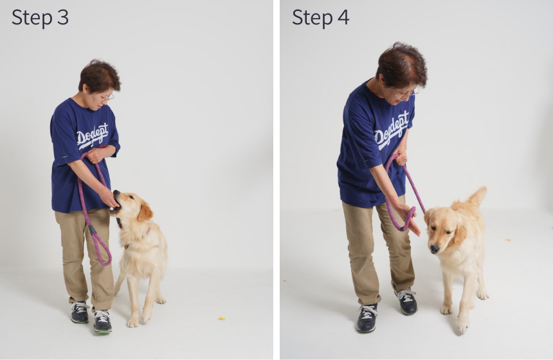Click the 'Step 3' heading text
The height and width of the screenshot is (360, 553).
click(40, 18)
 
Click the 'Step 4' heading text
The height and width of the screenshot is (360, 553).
click(321, 18)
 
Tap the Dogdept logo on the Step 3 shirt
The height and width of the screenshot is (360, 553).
click(93, 136)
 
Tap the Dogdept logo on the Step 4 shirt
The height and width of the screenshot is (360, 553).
click(392, 130)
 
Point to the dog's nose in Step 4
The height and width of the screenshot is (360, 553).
click(435, 249)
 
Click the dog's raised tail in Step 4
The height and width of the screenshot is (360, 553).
click(478, 197)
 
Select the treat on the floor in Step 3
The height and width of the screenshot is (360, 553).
click(221, 319)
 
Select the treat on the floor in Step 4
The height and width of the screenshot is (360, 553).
click(508, 240)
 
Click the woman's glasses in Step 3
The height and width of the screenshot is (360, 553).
click(109, 96)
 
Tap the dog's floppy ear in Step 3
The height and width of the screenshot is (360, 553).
click(145, 212)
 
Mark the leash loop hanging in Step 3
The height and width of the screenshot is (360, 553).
click(100, 247)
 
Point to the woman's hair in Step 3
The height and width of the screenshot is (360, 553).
click(99, 75)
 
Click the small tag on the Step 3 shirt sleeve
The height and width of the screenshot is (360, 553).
click(64, 156)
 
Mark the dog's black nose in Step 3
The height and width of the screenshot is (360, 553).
click(116, 192)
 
